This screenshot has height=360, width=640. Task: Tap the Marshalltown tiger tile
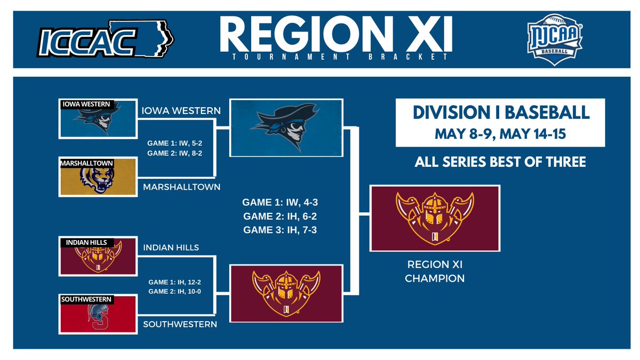click(x=99, y=177)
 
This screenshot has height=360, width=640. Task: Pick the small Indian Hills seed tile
click(x=99, y=257)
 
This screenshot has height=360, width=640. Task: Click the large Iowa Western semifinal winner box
click(x=285, y=128)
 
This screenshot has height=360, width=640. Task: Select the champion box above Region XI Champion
click(x=435, y=218)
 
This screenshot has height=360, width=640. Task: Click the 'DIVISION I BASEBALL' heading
click(x=500, y=113)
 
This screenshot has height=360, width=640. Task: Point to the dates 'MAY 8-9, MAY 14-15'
click(x=500, y=134)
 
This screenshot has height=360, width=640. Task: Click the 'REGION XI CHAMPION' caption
click(x=435, y=271)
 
